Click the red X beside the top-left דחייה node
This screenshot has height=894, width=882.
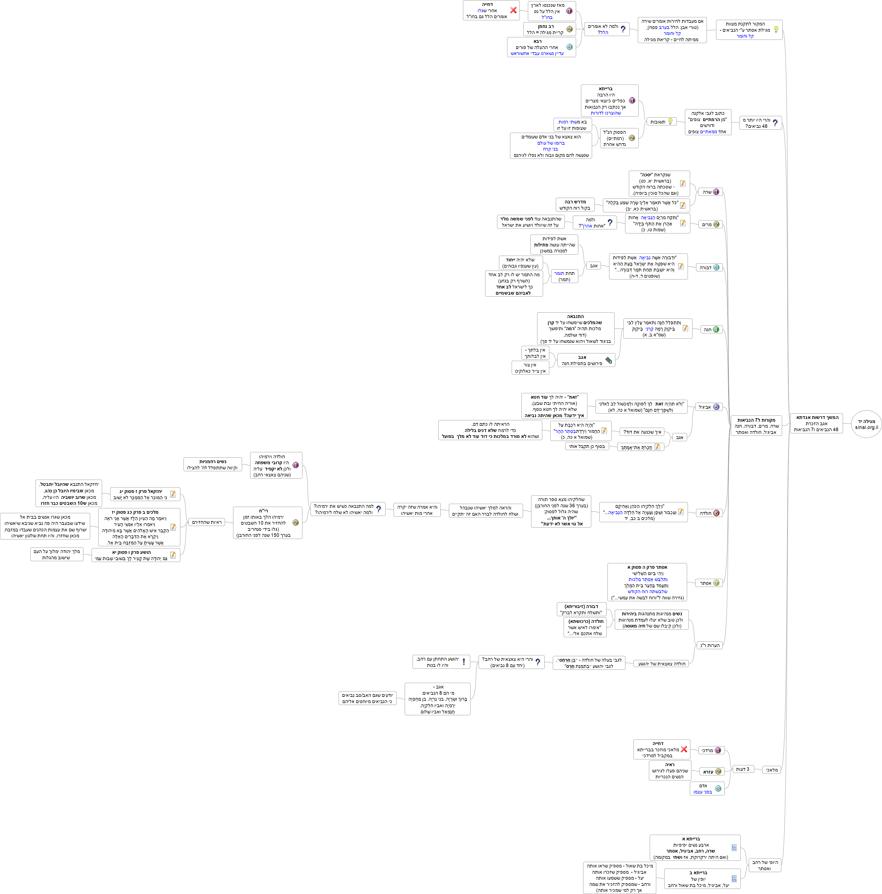pos(513,10)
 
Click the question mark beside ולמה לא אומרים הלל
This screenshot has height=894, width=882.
pos(623,29)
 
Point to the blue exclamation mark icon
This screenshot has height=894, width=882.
pos(463,662)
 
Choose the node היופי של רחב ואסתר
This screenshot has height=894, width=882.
pos(765,865)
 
